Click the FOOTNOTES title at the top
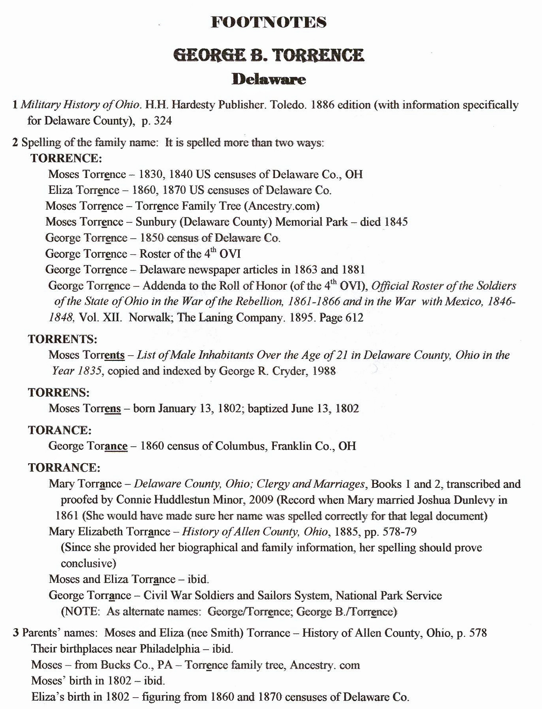tap(269, 22)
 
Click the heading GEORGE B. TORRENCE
tap(269, 55)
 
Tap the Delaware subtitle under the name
tap(269, 79)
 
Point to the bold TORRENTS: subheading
tap(63, 339)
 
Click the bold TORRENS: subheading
tap(59, 392)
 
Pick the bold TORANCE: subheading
tap(60, 430)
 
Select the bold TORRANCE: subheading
tap(64, 468)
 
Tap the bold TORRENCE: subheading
tap(66, 158)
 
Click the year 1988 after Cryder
tap(324, 371)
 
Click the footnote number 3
tap(16, 633)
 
